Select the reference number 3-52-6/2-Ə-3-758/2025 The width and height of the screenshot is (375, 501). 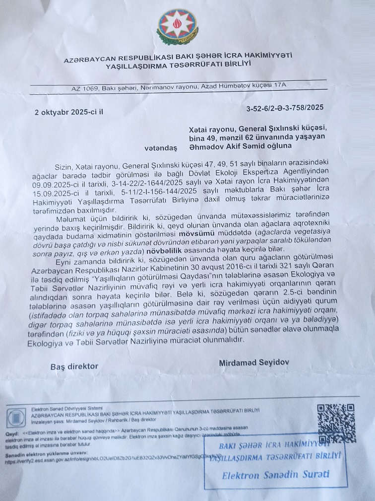tap(285, 107)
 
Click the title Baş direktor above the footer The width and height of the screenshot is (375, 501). tap(74, 366)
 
